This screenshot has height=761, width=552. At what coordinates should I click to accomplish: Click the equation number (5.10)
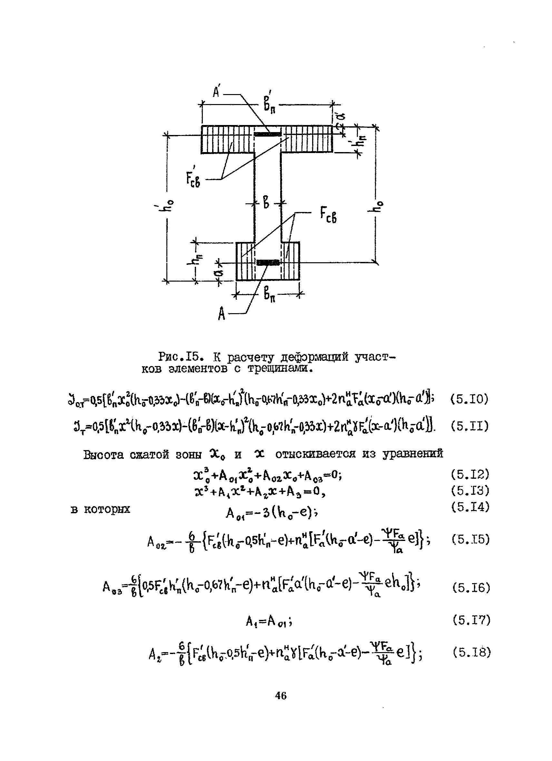469,399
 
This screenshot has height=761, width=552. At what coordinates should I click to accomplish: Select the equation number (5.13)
470,491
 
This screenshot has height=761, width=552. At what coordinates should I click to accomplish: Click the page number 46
281,696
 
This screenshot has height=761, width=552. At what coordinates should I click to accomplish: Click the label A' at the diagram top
217,91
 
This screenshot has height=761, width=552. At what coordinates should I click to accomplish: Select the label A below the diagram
221,314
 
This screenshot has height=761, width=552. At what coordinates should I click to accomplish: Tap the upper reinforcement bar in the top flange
267,134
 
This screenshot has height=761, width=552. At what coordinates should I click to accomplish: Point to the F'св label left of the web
193,179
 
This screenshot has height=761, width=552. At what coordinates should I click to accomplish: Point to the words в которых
100,509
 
